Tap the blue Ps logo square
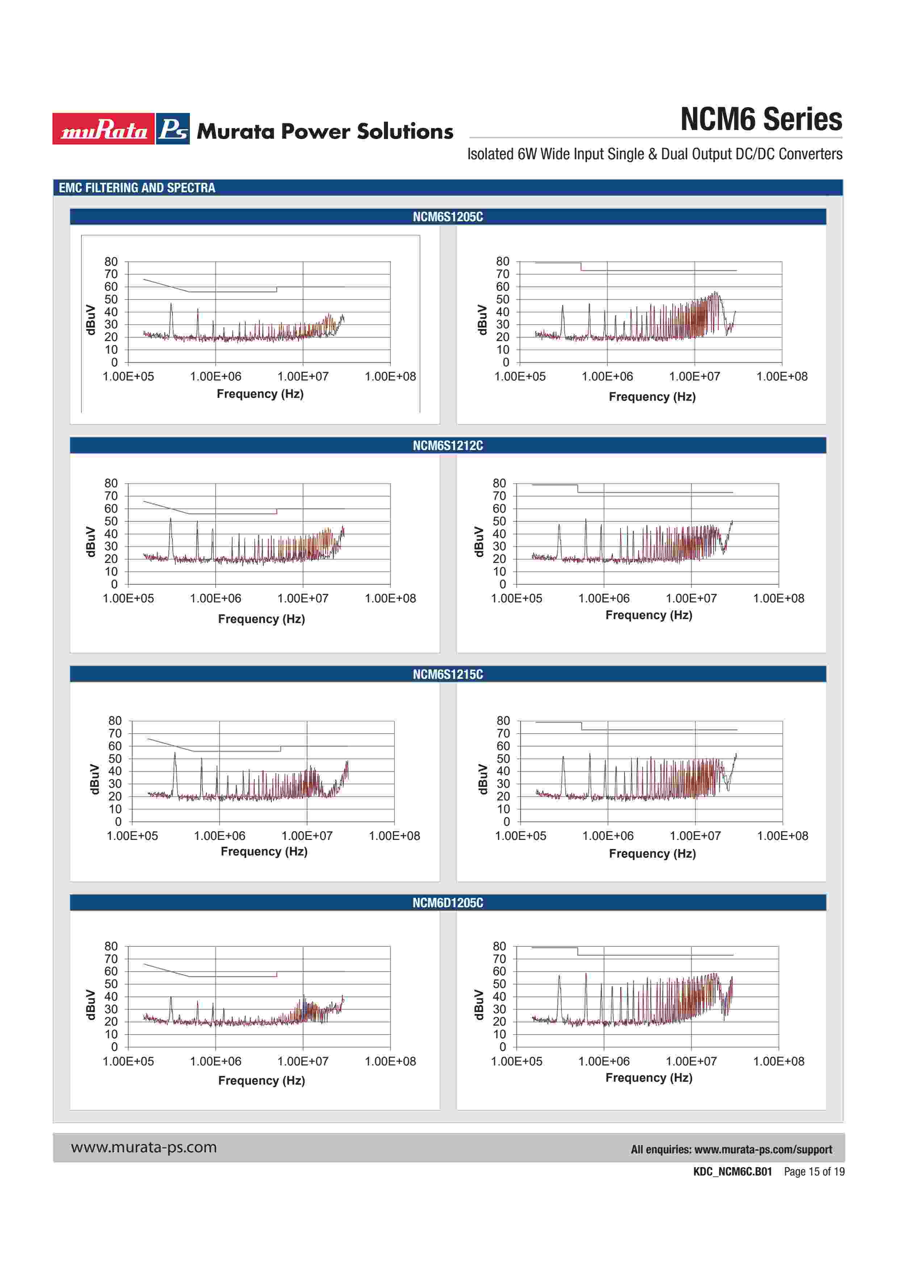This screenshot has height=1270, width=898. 173,129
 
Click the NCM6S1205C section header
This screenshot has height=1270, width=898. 448,217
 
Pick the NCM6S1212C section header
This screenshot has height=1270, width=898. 448,445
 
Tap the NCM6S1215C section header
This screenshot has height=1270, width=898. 448,674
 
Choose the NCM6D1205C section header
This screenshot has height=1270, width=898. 448,903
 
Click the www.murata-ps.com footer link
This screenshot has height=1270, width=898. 144,1147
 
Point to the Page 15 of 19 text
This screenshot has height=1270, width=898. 814,1172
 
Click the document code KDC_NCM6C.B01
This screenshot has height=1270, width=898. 732,1172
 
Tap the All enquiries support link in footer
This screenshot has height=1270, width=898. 731,1149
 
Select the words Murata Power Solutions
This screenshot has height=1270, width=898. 325,132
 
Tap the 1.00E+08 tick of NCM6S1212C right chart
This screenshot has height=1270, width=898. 778,598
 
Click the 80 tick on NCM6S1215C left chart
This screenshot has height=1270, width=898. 115,721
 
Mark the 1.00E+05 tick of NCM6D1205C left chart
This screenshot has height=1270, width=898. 128,1061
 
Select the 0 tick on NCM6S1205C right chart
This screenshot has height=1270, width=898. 506,362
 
